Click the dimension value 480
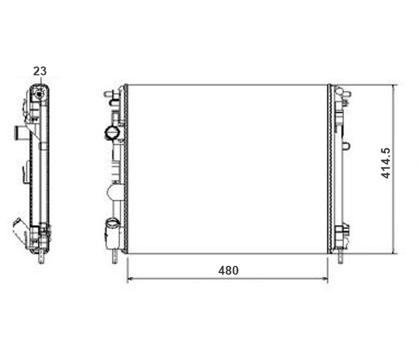(x=228, y=271)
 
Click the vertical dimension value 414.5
(x=386, y=163)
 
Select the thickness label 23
(x=40, y=71)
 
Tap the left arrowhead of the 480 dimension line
(x=130, y=279)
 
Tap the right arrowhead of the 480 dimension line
(x=325, y=279)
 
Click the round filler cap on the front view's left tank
(x=112, y=133)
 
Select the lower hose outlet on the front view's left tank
(x=113, y=233)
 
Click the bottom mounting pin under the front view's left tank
(x=115, y=256)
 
